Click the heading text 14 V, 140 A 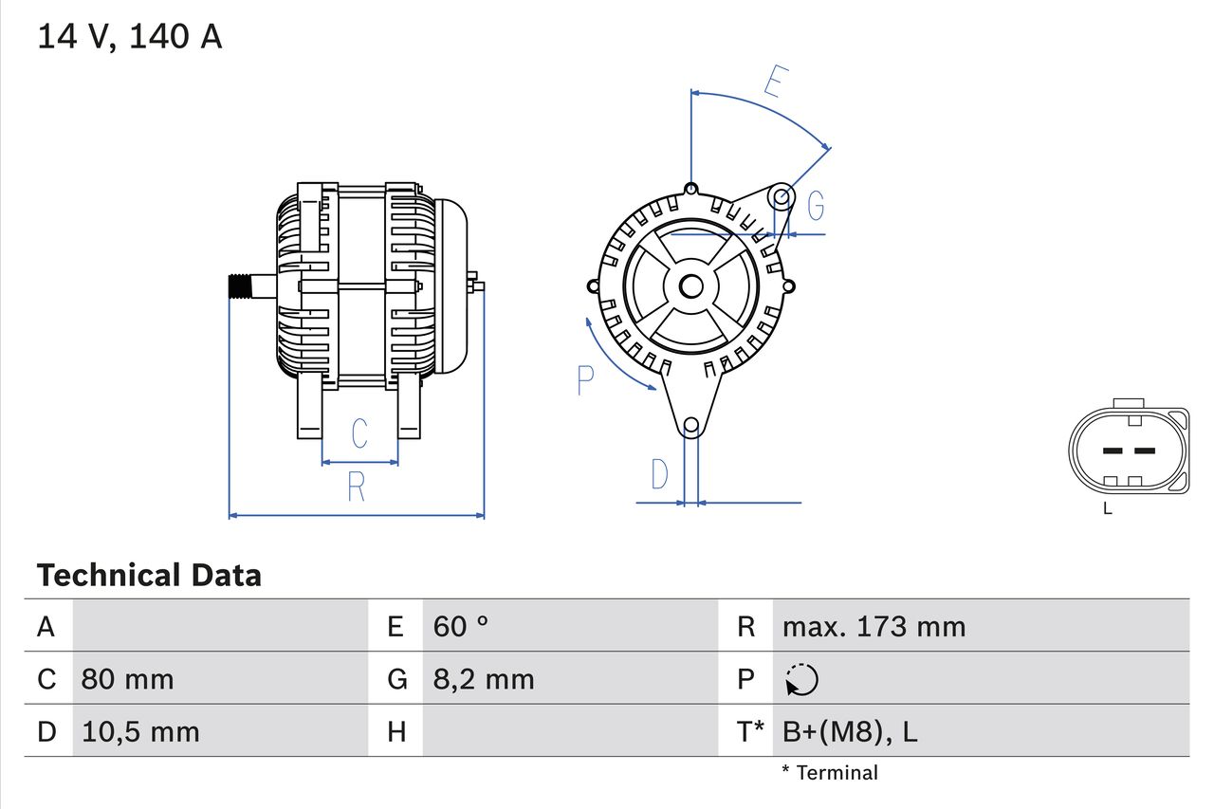(129, 37)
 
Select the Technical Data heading (149, 576)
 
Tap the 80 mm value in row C (127, 679)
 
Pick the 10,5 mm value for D (140, 731)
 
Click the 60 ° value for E (461, 627)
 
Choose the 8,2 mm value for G (484, 679)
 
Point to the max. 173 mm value (874, 627)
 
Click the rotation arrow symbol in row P (801, 679)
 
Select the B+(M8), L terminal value (850, 731)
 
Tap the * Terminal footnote (830, 773)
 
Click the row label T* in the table (751, 731)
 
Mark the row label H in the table (396, 731)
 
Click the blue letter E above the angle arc (775, 83)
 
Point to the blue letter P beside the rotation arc (585, 380)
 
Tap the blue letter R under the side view (356, 487)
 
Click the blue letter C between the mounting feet (359, 433)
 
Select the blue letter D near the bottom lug (660, 474)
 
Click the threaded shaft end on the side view (244, 286)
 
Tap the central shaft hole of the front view (691, 285)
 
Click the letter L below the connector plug (1108, 509)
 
